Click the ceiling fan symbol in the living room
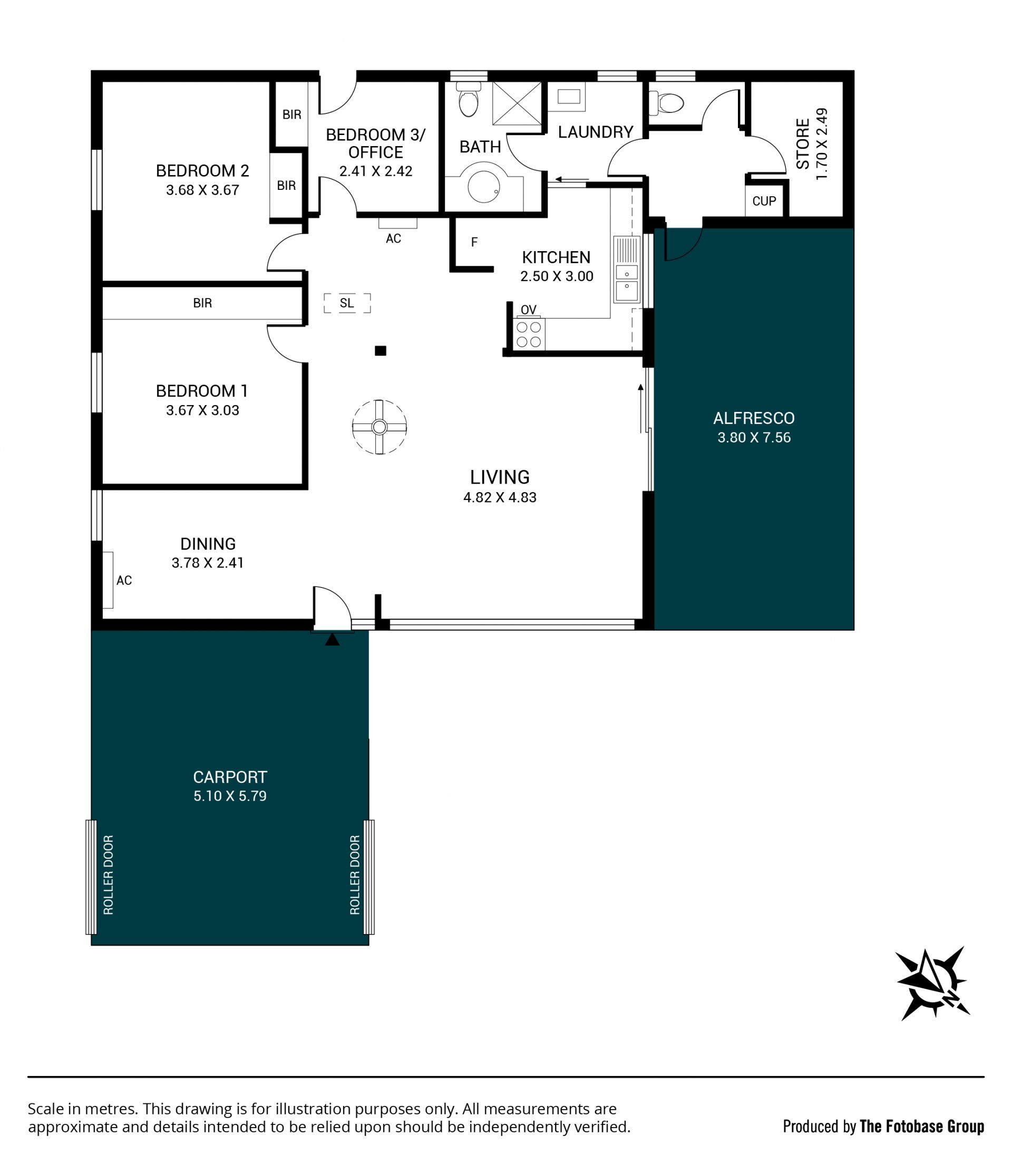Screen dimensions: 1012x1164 (x=379, y=427)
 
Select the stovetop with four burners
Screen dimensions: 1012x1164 (x=529, y=334)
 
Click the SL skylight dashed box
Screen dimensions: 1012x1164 (x=347, y=303)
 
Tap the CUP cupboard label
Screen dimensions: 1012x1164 (x=764, y=200)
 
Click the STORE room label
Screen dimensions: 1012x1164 (x=802, y=143)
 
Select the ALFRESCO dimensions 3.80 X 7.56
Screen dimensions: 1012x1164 (x=754, y=437)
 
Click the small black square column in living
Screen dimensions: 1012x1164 (x=381, y=351)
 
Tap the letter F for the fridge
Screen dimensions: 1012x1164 (x=474, y=242)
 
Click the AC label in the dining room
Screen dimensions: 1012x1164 (x=124, y=580)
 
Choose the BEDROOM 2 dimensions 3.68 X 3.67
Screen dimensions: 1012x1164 (x=203, y=190)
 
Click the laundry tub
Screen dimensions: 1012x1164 (x=568, y=97)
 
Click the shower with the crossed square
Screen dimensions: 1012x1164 (x=517, y=103)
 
